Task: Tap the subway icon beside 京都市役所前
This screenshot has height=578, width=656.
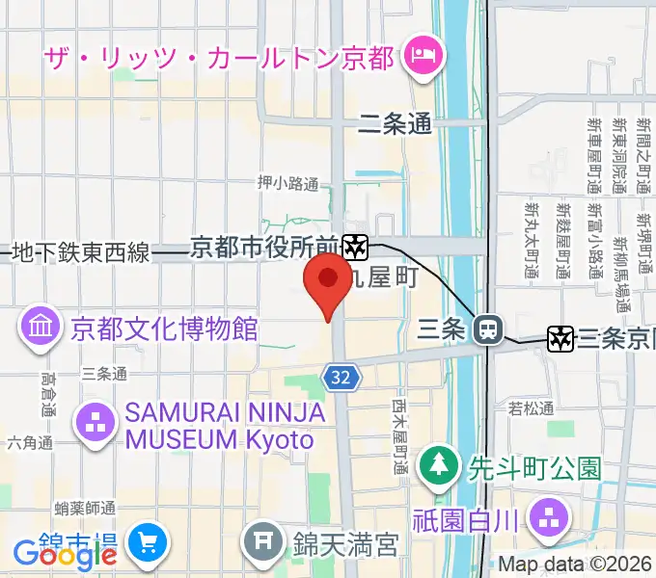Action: pos(355,248)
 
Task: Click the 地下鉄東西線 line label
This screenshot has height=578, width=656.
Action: pos(81,253)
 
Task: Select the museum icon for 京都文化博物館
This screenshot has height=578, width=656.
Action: pos(41,328)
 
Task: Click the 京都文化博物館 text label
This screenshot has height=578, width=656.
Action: pos(164,329)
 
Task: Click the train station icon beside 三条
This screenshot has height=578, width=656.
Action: pos(489,330)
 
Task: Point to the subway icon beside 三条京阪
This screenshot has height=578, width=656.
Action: pos(560,338)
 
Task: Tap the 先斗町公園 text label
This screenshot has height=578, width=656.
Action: pos(534,469)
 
